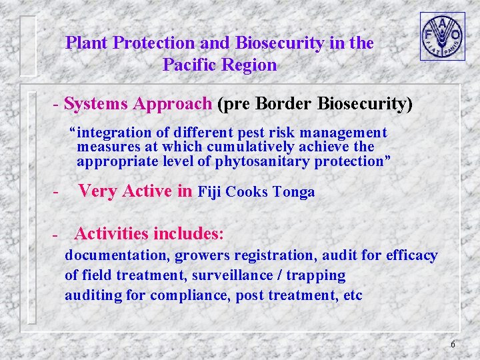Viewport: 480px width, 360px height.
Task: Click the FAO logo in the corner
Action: (442, 36)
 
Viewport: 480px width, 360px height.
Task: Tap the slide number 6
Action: (453, 344)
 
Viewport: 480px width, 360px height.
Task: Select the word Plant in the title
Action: (87, 43)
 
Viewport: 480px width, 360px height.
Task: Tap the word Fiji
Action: (210, 192)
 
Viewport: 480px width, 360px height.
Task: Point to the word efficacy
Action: (412, 255)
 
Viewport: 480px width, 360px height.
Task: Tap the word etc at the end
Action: (352, 295)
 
